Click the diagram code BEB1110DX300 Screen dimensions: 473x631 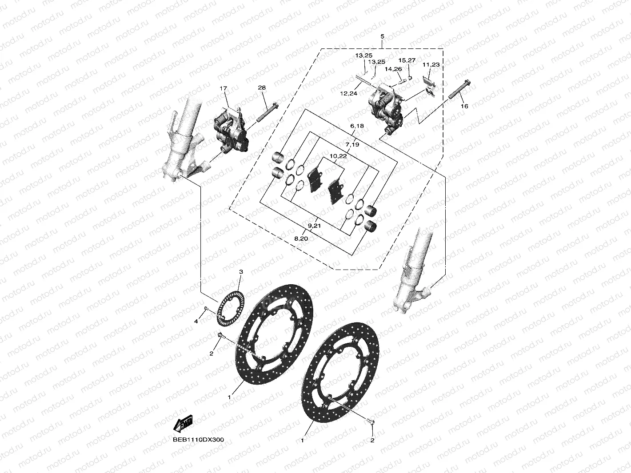tap(198, 440)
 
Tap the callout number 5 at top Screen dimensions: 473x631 tap(382, 36)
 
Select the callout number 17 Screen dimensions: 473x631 tap(223, 88)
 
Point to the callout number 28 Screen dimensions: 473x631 tap(262, 88)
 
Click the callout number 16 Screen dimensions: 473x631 tap(464, 106)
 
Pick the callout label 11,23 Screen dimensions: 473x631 tap(431, 65)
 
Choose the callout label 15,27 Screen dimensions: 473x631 tap(407, 60)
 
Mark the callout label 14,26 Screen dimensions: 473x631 tap(393, 69)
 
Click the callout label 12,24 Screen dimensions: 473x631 tap(349, 93)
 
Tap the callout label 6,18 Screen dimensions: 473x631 tap(356, 126)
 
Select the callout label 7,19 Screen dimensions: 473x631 tap(352, 144)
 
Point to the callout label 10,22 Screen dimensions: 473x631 tap(338, 156)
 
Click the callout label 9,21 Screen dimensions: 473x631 tap(314, 226)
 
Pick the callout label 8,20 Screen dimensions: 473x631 tap(301, 238)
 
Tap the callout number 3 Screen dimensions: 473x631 tap(241, 271)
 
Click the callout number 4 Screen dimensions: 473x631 tap(196, 321)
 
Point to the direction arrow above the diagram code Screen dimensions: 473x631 tap(183, 424)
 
